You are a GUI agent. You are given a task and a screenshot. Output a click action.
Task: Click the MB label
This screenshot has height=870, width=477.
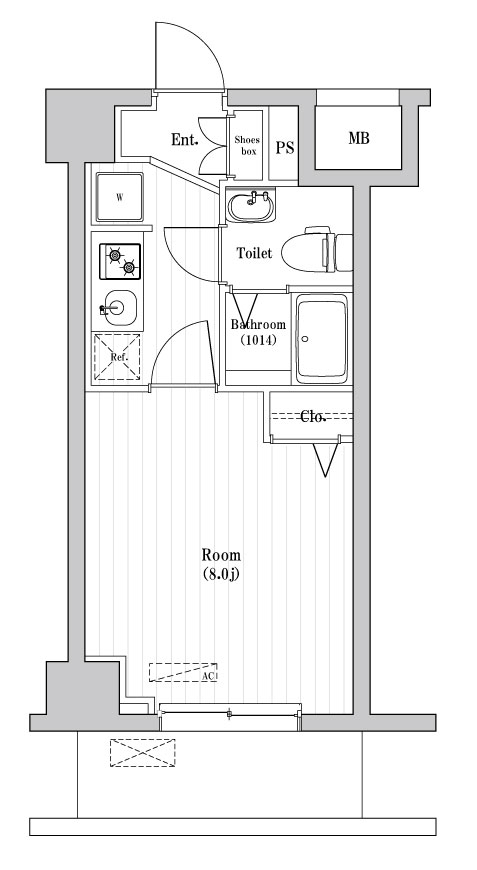pos(358,139)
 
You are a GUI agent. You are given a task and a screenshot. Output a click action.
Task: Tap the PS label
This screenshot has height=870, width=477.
pos(285,148)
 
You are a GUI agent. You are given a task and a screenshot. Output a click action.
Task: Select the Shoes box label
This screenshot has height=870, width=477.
pos(247,146)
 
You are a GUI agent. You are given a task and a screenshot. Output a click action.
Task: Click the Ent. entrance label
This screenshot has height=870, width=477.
pos(184,140)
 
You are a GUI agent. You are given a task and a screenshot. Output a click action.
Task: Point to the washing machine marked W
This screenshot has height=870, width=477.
pos(119,197)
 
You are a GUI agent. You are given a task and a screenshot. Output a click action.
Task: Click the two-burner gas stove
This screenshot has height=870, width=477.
pos(119,261)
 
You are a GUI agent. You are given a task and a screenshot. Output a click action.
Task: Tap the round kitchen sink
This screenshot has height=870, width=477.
pos(117,307)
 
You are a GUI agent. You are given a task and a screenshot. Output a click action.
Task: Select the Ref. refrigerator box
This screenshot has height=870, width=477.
pos(118,357)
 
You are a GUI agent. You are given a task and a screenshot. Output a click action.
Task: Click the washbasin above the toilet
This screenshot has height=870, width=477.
pos(249,207)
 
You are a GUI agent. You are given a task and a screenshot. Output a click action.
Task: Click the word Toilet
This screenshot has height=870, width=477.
pos(254,254)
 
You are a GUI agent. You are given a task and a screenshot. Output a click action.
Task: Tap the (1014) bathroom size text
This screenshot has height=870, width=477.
pos(258,340)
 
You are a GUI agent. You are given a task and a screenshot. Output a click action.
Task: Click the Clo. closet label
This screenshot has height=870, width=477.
pos(315,416)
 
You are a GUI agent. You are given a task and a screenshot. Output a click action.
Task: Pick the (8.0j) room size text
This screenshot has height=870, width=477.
pos(221,574)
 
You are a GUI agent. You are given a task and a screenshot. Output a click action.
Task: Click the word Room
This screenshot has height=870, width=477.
pos(221,555)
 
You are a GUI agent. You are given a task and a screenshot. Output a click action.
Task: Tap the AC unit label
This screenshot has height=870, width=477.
pos(209,676)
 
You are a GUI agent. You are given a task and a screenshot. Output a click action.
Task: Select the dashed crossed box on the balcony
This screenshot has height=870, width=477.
pos(142,753)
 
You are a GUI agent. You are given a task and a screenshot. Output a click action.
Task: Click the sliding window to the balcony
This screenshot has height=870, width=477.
pos(230,712)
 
